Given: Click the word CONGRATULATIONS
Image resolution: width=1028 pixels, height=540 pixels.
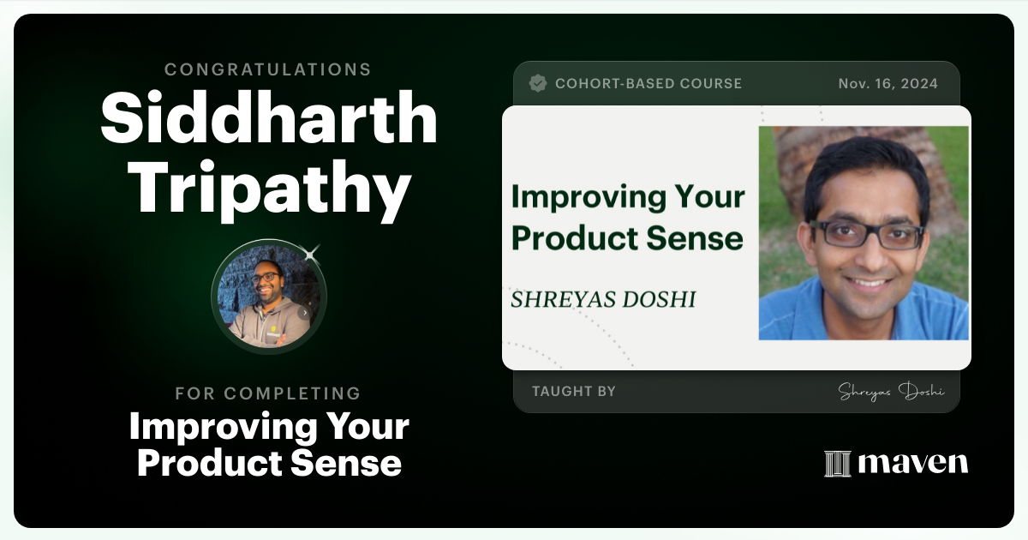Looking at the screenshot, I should coord(268,69).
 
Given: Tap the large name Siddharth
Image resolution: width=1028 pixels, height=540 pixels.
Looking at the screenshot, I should coord(268,118).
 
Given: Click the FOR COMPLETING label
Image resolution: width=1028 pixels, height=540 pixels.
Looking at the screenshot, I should coord(268,393).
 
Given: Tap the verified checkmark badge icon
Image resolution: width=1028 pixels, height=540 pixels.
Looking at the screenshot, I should coord(538,83).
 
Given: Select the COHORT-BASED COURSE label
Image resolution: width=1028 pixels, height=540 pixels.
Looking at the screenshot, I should coord(648,84).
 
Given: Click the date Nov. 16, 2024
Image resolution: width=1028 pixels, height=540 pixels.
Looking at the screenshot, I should coord(888,84).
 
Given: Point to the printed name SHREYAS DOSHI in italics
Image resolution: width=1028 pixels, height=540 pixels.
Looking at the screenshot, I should coord(603,299).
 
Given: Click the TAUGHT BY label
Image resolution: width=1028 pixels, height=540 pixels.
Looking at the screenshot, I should coord(574,392).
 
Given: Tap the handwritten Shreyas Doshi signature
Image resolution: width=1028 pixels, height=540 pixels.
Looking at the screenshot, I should coord(891,392).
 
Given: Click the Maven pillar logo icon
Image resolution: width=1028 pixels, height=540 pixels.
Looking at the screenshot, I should coord(837,464).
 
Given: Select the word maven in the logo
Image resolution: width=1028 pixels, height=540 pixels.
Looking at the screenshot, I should coord(913,464).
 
